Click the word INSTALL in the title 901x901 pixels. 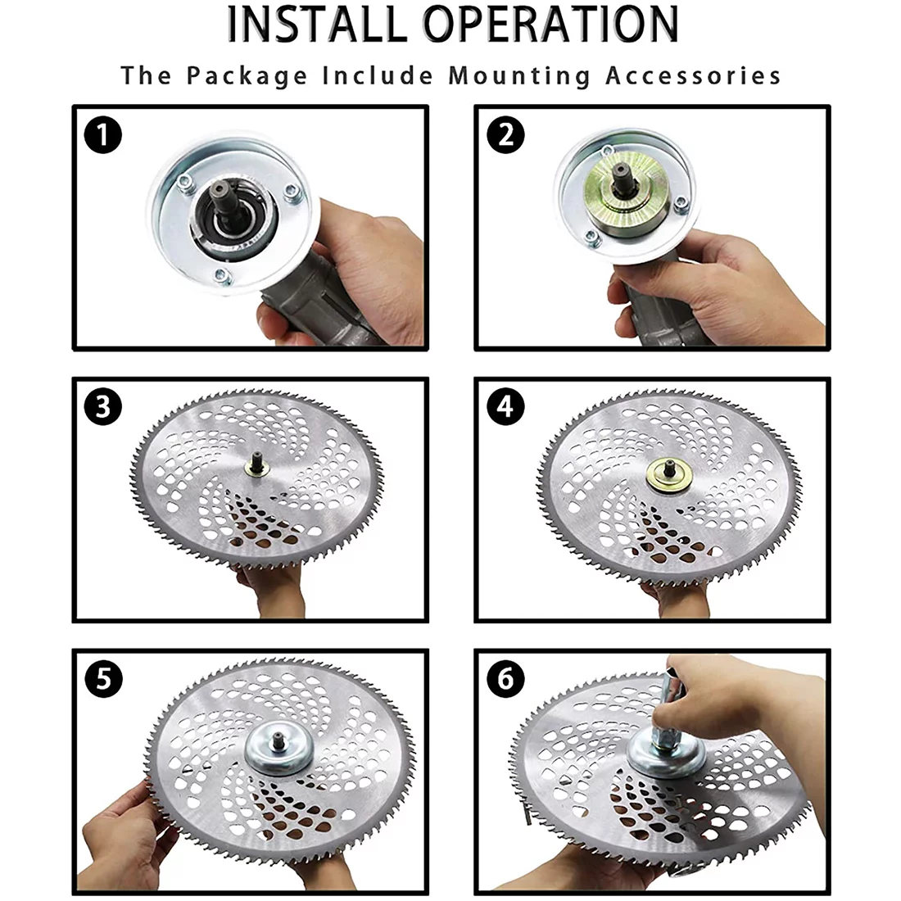(x=318, y=24)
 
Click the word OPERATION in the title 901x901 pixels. (x=551, y=24)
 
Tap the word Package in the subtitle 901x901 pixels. (x=247, y=76)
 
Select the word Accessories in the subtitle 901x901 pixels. (x=693, y=76)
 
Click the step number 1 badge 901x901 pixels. (x=103, y=136)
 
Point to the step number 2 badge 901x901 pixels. (x=505, y=136)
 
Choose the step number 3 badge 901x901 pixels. (x=103, y=407)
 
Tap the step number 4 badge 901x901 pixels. (x=505, y=407)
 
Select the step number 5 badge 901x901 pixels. (x=103, y=679)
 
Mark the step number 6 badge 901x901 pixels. (x=505, y=679)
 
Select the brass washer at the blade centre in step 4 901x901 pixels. (x=668, y=476)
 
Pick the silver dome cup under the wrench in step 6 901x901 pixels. (x=666, y=754)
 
